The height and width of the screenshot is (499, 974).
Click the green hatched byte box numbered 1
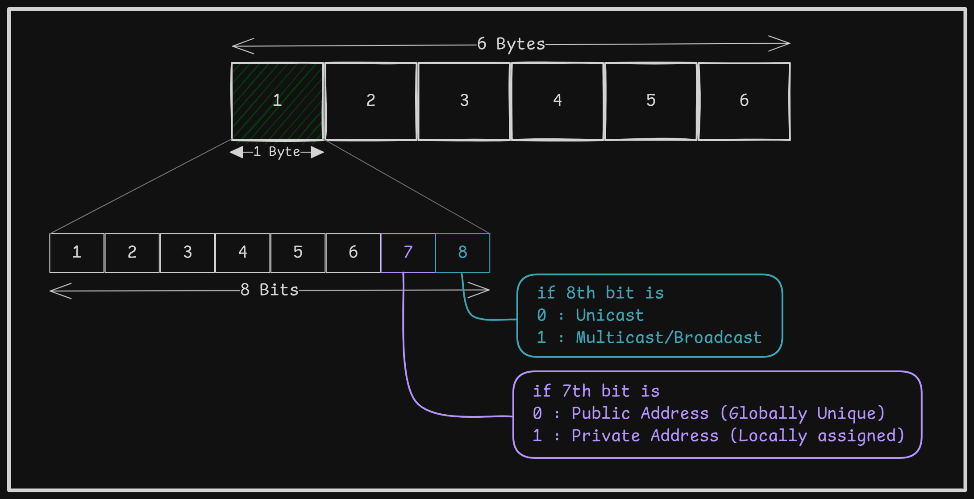[x=277, y=101]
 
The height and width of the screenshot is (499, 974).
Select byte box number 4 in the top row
[x=558, y=101]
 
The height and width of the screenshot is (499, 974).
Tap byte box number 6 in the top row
[x=744, y=101]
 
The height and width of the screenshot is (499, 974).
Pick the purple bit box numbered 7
[x=408, y=253]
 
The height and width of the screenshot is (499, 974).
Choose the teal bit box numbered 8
[x=463, y=253]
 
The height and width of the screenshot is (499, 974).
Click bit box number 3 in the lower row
[x=187, y=253]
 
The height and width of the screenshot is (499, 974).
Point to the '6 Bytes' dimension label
[x=511, y=44]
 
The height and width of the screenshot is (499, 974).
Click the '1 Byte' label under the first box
[x=277, y=152]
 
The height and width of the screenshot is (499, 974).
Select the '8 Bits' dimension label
[x=270, y=290]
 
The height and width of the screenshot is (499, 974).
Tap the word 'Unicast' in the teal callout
[x=610, y=316]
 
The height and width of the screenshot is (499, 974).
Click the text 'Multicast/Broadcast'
[x=669, y=338]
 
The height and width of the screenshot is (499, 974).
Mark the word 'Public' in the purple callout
[x=601, y=414]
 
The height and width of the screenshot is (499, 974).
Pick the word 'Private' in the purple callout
[x=606, y=436]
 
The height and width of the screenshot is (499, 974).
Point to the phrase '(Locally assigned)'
[x=817, y=436]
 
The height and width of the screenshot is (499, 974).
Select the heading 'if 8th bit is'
[x=600, y=293]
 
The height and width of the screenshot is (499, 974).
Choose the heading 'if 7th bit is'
[x=596, y=391]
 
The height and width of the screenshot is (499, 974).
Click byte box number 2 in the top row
[x=370, y=101]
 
